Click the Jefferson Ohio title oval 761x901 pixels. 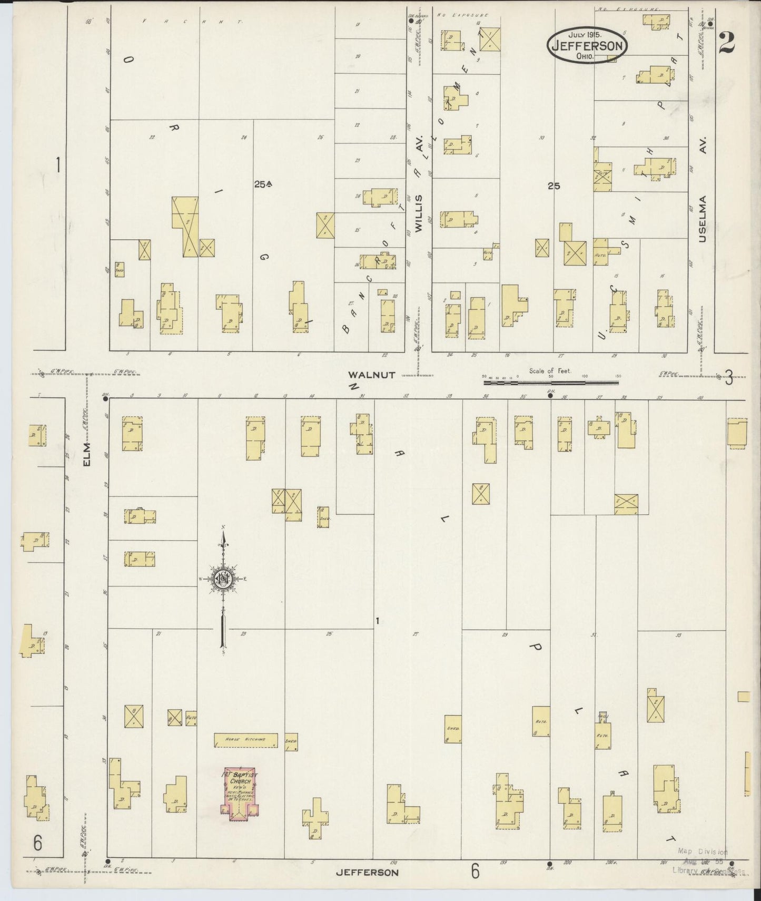pyautogui.click(x=587, y=45)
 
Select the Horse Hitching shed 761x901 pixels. pyautogui.click(x=245, y=740)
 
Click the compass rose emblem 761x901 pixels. pyautogui.click(x=224, y=579)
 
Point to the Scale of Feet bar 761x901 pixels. pyautogui.click(x=551, y=381)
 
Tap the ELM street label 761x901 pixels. pyautogui.click(x=87, y=454)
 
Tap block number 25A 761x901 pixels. pyautogui.click(x=262, y=184)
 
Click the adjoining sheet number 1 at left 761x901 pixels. pyautogui.click(x=58, y=165)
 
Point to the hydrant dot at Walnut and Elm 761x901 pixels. pyautogui.click(x=106, y=399)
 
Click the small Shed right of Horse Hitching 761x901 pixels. pyautogui.click(x=291, y=741)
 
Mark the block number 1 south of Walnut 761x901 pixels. pyautogui.click(x=377, y=622)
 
